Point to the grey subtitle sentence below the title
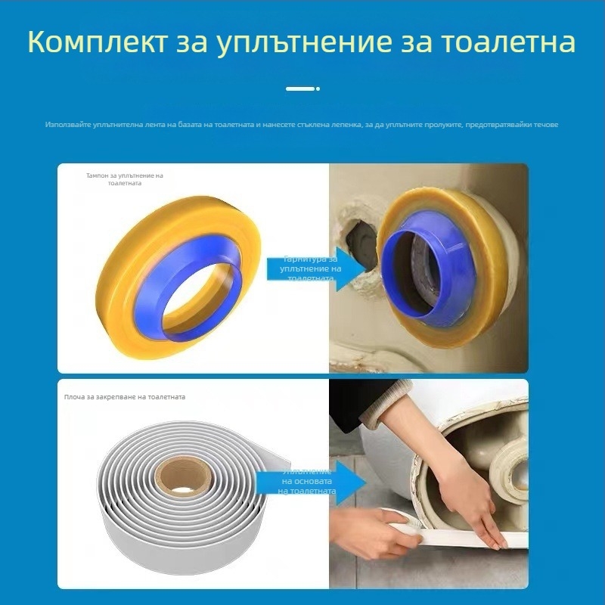tap(302, 124)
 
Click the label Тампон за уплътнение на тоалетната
tap(123, 179)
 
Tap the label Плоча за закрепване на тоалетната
tap(125, 396)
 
